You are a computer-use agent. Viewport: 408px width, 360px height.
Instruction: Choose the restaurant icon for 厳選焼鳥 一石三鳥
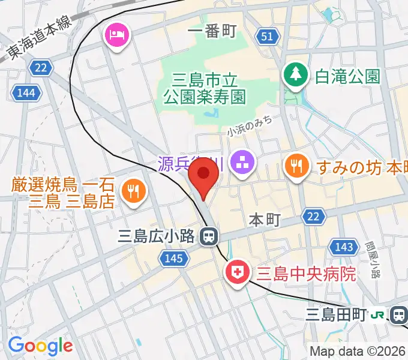[131, 191]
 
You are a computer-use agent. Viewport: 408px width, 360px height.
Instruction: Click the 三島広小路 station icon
[208, 236]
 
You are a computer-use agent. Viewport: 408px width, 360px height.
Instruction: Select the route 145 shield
[170, 259]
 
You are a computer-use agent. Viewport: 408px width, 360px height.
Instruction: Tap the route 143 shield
[344, 247]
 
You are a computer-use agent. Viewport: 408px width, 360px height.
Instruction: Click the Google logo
[40, 345]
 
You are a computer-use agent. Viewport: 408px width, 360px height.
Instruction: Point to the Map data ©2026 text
[358, 351]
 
